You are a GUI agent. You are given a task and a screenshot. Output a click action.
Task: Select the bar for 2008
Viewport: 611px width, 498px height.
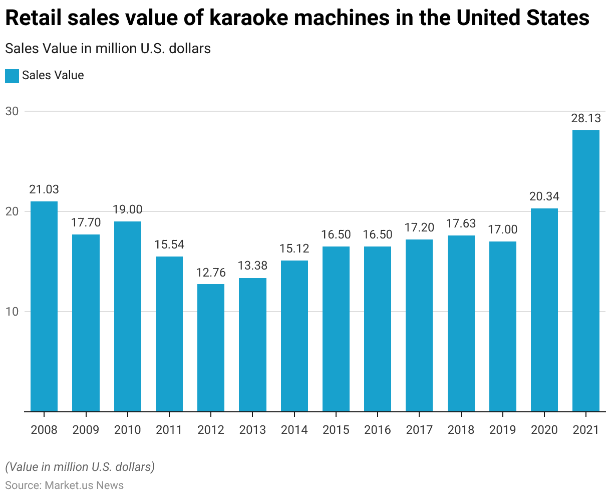(44, 307)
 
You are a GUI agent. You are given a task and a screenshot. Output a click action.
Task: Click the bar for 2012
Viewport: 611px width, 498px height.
(211, 348)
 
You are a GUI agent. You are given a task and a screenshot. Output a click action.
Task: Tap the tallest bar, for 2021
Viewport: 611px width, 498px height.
(586, 271)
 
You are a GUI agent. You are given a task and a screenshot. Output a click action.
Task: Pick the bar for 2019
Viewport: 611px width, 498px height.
(502, 327)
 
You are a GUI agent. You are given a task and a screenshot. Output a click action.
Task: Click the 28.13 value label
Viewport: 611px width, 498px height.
(586, 119)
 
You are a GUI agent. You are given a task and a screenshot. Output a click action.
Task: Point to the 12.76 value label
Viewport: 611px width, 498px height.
(211, 273)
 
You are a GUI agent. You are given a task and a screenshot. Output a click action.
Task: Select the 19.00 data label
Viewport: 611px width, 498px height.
(127, 210)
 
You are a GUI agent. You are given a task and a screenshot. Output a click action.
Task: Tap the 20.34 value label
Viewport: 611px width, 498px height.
(544, 196)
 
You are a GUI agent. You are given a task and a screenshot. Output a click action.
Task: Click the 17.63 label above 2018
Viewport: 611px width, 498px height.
(461, 223)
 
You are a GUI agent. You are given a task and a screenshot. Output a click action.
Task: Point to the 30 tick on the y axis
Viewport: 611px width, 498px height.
(12, 111)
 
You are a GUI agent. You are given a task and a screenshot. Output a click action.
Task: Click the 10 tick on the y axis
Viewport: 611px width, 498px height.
(12, 312)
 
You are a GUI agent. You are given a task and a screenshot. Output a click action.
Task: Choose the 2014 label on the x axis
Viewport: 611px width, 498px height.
(294, 430)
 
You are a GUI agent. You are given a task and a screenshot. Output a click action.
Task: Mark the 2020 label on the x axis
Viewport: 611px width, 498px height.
(544, 430)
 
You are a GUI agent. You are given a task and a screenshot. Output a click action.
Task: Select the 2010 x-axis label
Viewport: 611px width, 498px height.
(127, 430)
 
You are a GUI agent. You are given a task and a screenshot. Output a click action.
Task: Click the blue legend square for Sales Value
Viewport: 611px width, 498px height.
(12, 76)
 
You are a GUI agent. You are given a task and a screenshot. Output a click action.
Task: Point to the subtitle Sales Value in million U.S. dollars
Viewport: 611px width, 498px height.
(108, 49)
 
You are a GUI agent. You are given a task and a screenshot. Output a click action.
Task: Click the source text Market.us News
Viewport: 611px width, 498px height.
(84, 485)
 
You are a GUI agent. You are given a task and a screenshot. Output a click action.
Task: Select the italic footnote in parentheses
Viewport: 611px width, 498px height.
(80, 467)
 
